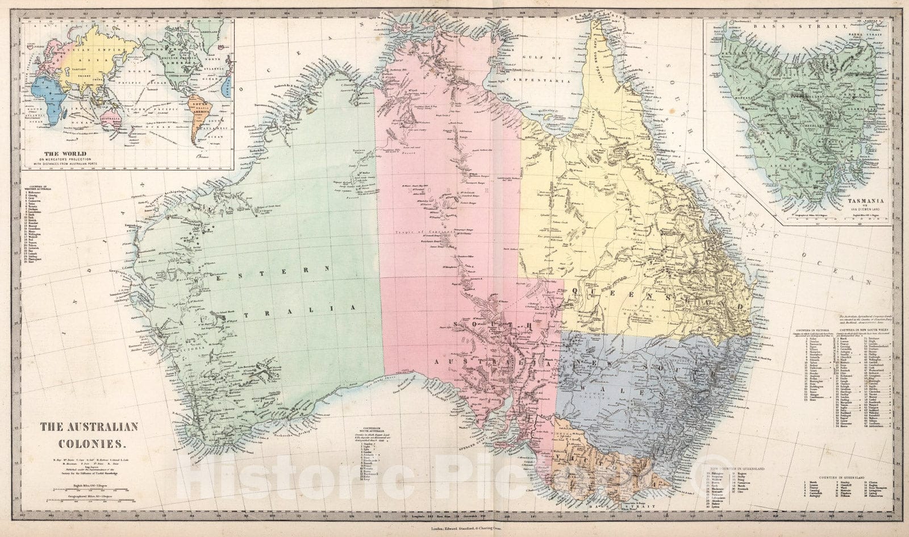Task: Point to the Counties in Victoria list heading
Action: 814,330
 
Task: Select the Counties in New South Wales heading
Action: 861,330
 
